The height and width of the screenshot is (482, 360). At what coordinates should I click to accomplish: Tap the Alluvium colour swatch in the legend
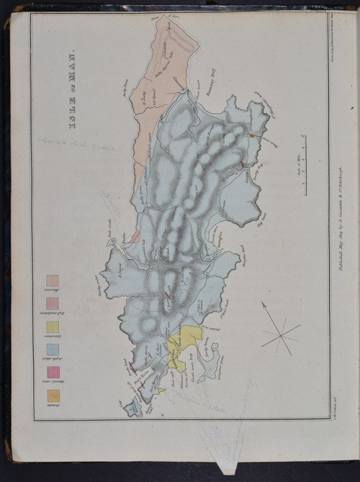pyautogui.click(x=53, y=281)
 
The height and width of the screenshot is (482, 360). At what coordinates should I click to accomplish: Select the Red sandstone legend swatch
pyautogui.click(x=53, y=303)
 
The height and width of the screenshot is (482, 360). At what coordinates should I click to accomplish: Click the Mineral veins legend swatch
pyautogui.click(x=53, y=372)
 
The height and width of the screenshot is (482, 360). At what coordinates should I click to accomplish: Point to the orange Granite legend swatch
pyautogui.click(x=53, y=395)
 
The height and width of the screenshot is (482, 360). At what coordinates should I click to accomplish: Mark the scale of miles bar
pyautogui.click(x=307, y=165)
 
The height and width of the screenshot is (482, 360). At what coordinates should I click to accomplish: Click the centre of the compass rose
pyautogui.click(x=282, y=332)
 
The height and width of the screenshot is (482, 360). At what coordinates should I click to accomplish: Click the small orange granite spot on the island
pyautogui.click(x=251, y=135)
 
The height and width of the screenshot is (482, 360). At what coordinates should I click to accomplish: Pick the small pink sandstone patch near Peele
pyautogui.click(x=135, y=236)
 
